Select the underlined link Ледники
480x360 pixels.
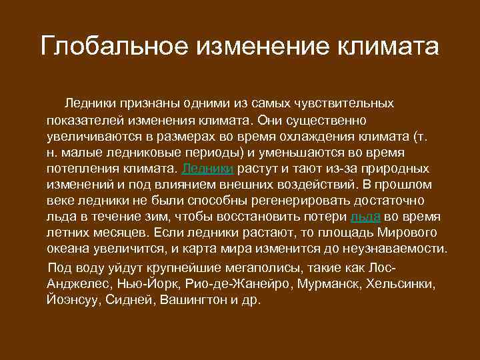tap(207, 169)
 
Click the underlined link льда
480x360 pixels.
tap(365, 217)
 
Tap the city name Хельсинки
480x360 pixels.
tap(403, 284)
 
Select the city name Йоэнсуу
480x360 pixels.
tap(73, 300)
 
